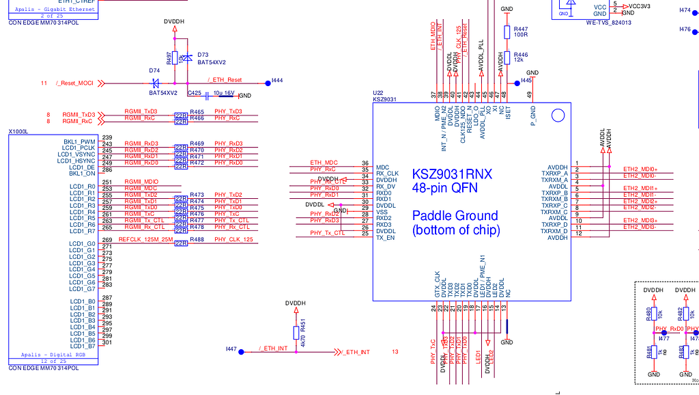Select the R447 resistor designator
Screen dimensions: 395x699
pos(521,29)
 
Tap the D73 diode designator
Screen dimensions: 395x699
pos(203,54)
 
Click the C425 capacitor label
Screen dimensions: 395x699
pos(195,93)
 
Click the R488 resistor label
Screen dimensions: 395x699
pos(197,240)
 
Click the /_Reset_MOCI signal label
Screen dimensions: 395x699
pos(74,83)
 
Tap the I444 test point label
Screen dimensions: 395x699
pos(277,80)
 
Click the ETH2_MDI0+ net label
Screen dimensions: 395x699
pos(640,169)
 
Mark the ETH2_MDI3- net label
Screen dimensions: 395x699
pos(640,227)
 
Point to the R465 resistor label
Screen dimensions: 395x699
pos(197,111)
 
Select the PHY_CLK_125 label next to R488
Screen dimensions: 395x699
pos(233,240)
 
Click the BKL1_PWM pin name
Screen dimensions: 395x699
pos(79,141)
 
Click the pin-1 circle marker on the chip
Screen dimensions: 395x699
pos(558,116)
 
